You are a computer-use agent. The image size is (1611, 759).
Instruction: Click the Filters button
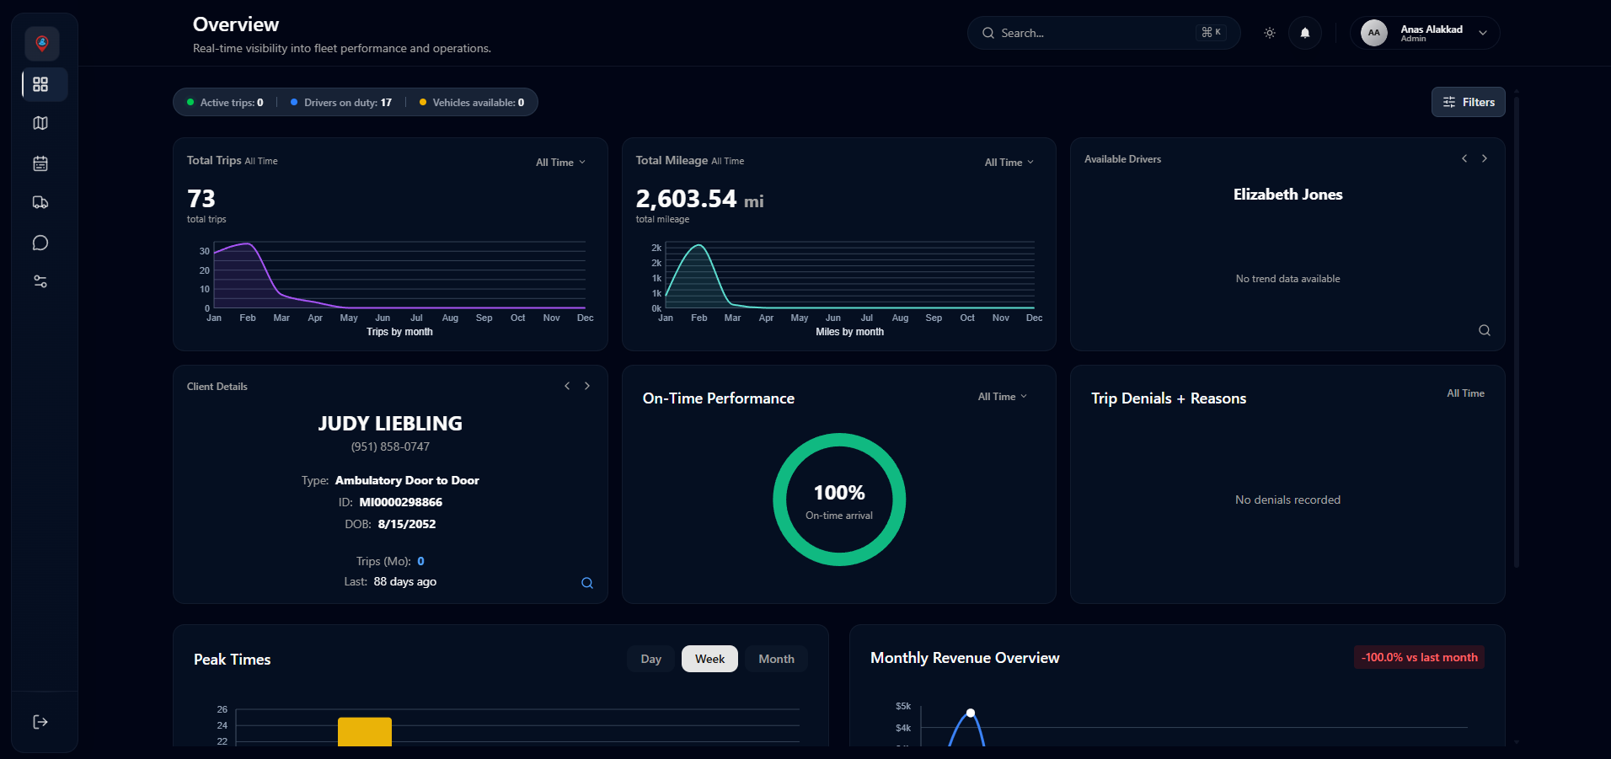pyautogui.click(x=1468, y=102)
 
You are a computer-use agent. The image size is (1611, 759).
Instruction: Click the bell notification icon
pyautogui.click(x=1304, y=33)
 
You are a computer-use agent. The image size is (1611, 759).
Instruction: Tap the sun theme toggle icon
pyautogui.click(x=1269, y=33)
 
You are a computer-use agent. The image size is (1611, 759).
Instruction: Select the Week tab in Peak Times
pyautogui.click(x=709, y=659)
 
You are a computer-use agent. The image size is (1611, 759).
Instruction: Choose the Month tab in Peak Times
pyautogui.click(x=776, y=659)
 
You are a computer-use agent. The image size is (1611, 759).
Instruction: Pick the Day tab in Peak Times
pyautogui.click(x=650, y=659)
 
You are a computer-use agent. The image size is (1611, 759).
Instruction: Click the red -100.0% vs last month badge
pyautogui.click(x=1419, y=657)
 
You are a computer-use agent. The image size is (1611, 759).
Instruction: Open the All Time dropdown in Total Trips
pyautogui.click(x=560, y=163)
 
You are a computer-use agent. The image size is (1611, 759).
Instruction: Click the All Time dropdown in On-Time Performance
pyautogui.click(x=1002, y=397)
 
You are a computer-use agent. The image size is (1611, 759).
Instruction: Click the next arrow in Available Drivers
pyautogui.click(x=1485, y=158)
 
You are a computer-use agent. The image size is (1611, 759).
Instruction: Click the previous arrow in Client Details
pyautogui.click(x=567, y=386)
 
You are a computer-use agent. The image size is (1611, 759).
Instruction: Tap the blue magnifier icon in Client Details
pyautogui.click(x=587, y=583)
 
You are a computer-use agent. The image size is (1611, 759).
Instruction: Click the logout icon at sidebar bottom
pyautogui.click(x=40, y=722)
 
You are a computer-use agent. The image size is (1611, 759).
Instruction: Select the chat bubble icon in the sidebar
pyautogui.click(x=40, y=243)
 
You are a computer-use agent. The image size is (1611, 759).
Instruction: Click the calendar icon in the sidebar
pyautogui.click(x=40, y=163)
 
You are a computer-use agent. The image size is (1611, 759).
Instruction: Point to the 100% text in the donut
pyautogui.click(x=838, y=493)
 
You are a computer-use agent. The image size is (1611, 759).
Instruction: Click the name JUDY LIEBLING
pyautogui.click(x=390, y=424)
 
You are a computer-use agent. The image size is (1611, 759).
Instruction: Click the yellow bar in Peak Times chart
pyautogui.click(x=364, y=731)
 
